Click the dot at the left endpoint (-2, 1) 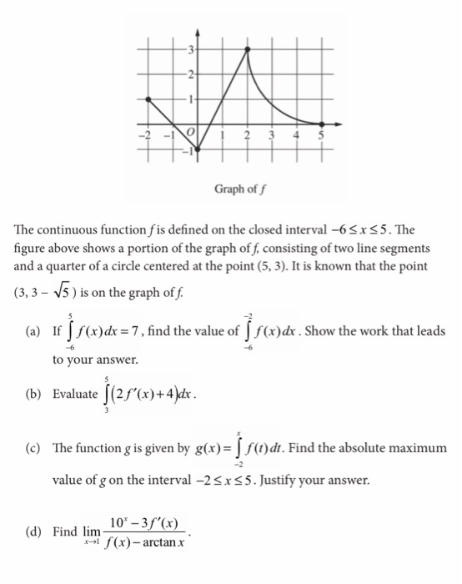pos(148,98)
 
